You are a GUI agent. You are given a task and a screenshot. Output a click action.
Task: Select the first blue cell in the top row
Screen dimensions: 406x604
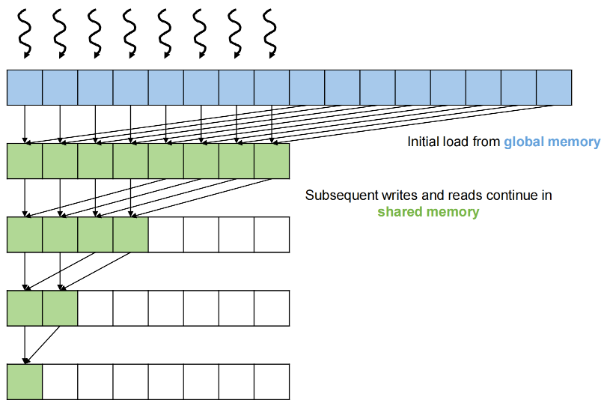click(25, 87)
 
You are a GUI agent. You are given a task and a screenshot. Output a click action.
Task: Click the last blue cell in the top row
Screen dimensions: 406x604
click(554, 87)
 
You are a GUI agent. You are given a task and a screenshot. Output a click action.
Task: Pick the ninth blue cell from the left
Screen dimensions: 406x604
click(307, 87)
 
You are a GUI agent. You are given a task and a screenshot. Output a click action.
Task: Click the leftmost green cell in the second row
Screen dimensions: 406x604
click(25, 160)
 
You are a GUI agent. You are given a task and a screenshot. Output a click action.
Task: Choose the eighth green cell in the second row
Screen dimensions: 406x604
click(271, 160)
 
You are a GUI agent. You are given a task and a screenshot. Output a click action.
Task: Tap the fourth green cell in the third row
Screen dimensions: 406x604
click(130, 234)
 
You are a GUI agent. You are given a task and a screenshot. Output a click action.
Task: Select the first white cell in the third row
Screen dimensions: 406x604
click(165, 234)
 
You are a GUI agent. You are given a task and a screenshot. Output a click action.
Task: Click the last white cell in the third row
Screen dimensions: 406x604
click(271, 234)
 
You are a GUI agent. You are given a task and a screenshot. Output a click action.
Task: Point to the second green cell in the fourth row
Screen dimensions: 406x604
click(60, 307)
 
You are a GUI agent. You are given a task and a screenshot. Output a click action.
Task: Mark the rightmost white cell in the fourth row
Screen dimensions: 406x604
click(271, 307)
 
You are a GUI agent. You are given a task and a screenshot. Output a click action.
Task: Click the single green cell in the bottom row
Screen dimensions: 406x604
click(25, 381)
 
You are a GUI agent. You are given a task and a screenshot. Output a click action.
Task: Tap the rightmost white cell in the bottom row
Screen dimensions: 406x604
click(271, 381)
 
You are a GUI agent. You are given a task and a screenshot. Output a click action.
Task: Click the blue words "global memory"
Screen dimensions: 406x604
click(552, 142)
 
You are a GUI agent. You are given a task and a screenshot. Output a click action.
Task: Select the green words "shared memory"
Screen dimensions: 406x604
click(428, 212)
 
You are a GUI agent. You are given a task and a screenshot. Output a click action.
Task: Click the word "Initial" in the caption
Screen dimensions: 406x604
click(425, 142)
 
